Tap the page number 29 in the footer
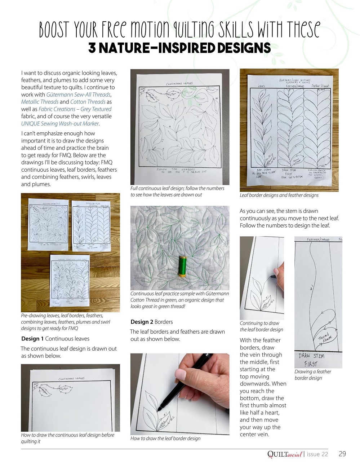pyautogui.click(x=342, y=454)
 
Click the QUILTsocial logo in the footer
pyautogui.click(x=285, y=454)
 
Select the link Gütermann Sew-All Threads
pyautogui.click(x=78, y=94)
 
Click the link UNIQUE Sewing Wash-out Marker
pyautogui.click(x=60, y=123)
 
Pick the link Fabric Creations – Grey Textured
pyautogui.click(x=75, y=109)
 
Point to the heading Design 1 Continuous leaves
pyautogui.click(x=55, y=339)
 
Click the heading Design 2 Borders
pyautogui.click(x=151, y=322)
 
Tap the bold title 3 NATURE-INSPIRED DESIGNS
pyautogui.click(x=179, y=48)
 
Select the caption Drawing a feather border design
pyautogui.click(x=312, y=375)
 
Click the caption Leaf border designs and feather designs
pyautogui.click(x=279, y=195)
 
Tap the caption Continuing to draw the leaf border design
pyautogui.click(x=261, y=326)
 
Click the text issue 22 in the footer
pyautogui.click(x=317, y=454)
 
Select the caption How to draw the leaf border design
pyautogui.click(x=165, y=439)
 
